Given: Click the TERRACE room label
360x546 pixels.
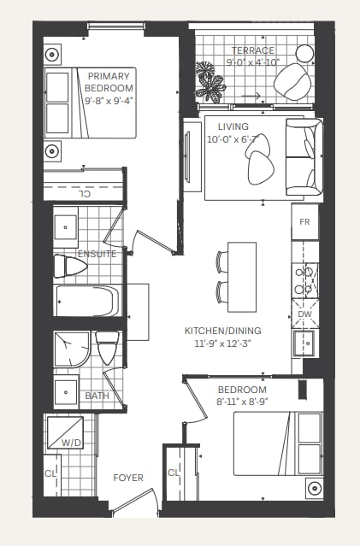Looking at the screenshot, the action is point(253,50).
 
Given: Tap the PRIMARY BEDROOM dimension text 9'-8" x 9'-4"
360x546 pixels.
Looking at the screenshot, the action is point(109,101).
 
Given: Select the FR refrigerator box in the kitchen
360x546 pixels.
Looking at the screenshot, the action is point(305,222).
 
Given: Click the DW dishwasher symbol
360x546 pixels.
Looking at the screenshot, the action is point(305,314).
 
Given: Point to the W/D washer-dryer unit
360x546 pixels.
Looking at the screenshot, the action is point(65,432).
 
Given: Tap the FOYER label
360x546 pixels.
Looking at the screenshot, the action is point(128,478).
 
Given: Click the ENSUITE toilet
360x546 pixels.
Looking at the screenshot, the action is point(70,267).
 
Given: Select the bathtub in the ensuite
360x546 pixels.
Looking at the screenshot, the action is point(87,301).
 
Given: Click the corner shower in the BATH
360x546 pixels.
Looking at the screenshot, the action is point(72,349).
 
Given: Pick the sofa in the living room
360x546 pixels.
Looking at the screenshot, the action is point(304,157).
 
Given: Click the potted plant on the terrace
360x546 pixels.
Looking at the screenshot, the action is point(210,82).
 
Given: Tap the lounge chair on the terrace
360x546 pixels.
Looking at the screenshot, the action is point(292,82).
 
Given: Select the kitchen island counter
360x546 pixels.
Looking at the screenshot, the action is point(242,277).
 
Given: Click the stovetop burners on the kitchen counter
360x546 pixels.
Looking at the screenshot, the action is point(305,280).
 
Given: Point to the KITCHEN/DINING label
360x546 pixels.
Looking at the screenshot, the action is point(222,331).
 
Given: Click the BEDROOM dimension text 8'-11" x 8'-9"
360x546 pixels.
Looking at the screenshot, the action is point(242,402).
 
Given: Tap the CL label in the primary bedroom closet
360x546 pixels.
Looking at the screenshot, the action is point(83,194).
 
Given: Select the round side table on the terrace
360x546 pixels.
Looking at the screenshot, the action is point(304,54).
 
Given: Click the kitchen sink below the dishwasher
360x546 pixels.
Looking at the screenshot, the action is point(305,343).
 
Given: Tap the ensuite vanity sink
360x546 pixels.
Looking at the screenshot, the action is point(66,227).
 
